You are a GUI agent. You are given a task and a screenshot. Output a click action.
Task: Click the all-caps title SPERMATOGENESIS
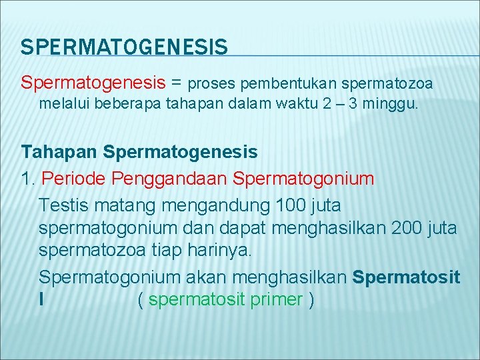[x=124, y=47]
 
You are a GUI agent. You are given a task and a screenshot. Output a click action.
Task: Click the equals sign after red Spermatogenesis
[x=177, y=83]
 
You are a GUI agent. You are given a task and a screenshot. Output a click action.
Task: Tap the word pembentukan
[x=288, y=84]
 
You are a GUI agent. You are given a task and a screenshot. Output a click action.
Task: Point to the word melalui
[x=61, y=103]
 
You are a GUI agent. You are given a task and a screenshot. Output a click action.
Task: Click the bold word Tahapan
[x=59, y=153]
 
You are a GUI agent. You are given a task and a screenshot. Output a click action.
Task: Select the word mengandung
[x=215, y=204]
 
